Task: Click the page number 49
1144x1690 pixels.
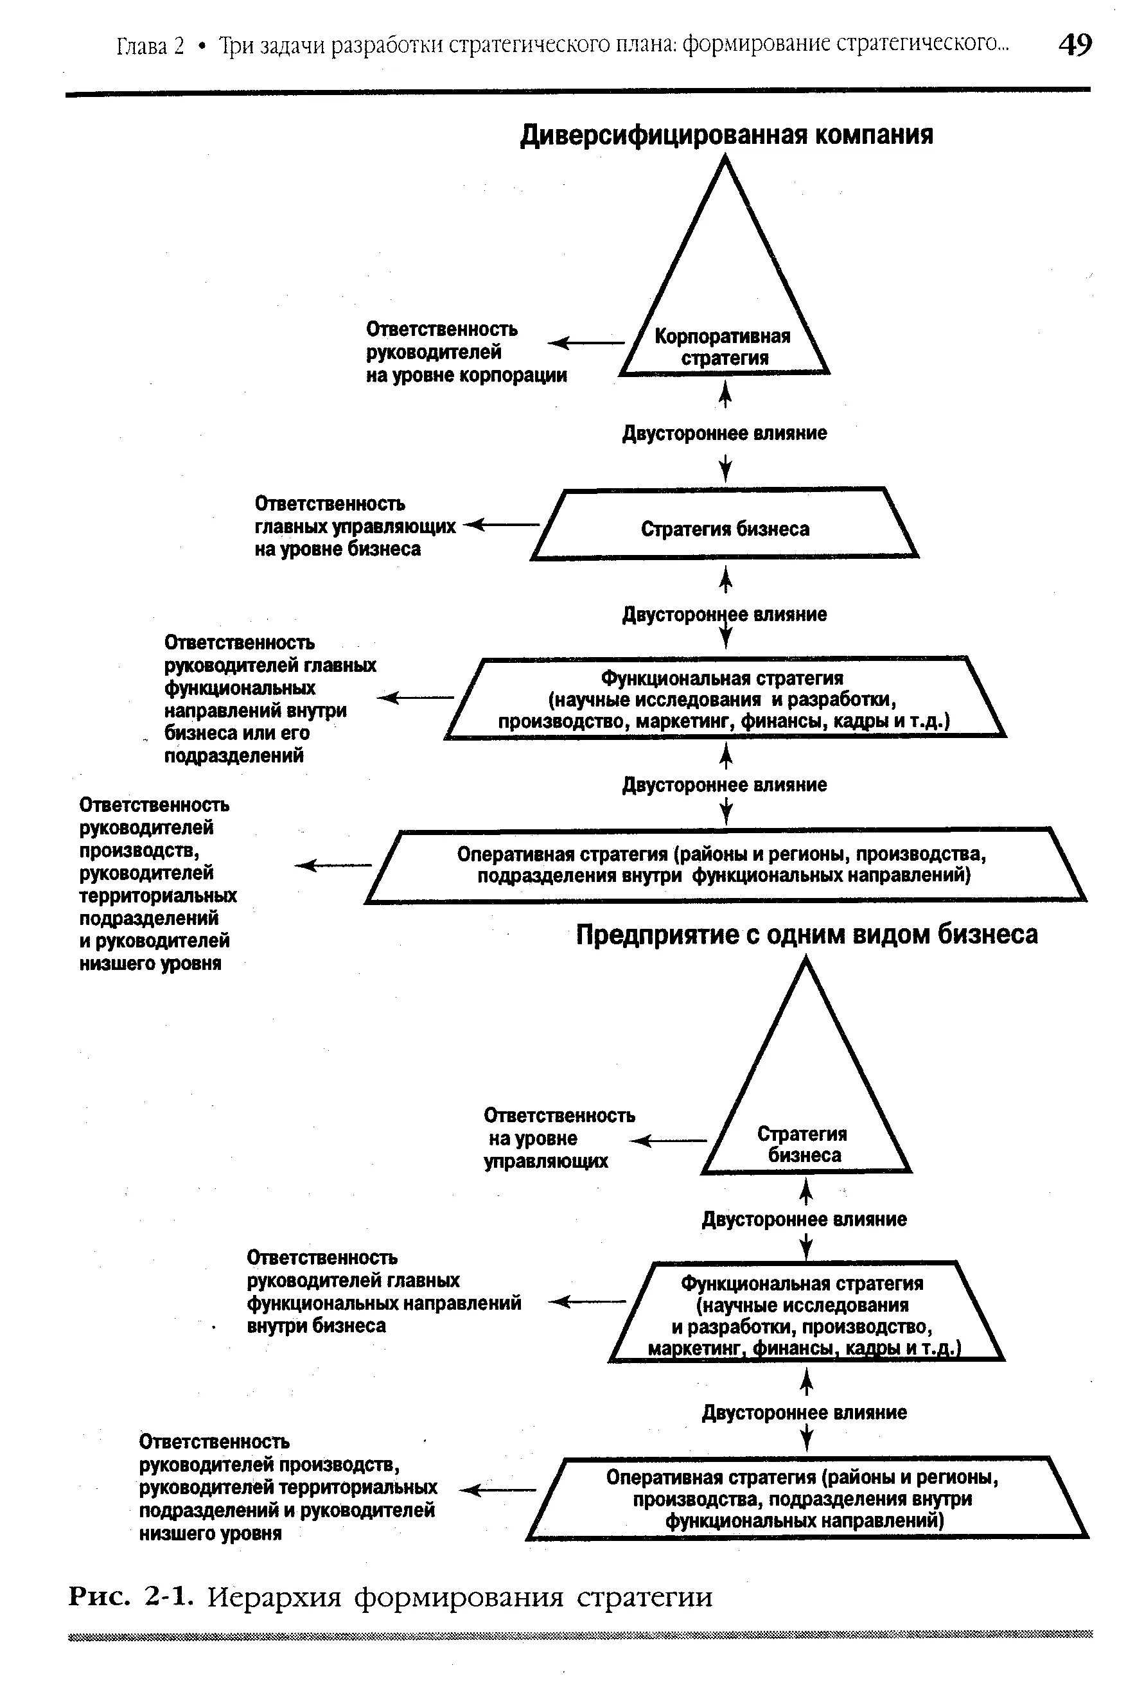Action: pyautogui.click(x=1074, y=45)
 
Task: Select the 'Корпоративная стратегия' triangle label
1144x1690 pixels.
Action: pyautogui.click(x=723, y=347)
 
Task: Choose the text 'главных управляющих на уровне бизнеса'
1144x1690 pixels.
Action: pyautogui.click(x=354, y=538)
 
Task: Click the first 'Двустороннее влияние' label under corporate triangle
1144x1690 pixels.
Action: pyautogui.click(x=725, y=434)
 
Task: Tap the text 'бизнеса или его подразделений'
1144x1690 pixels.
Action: pyautogui.click(x=236, y=744)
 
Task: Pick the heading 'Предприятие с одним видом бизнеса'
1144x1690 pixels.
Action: pyautogui.click(x=806, y=935)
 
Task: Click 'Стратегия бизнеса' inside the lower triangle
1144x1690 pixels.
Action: pyautogui.click(x=803, y=1144)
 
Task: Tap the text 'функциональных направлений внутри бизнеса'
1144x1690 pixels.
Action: pyautogui.click(x=383, y=1314)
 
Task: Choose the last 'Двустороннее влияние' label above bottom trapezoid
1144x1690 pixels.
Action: pyautogui.click(x=804, y=1413)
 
